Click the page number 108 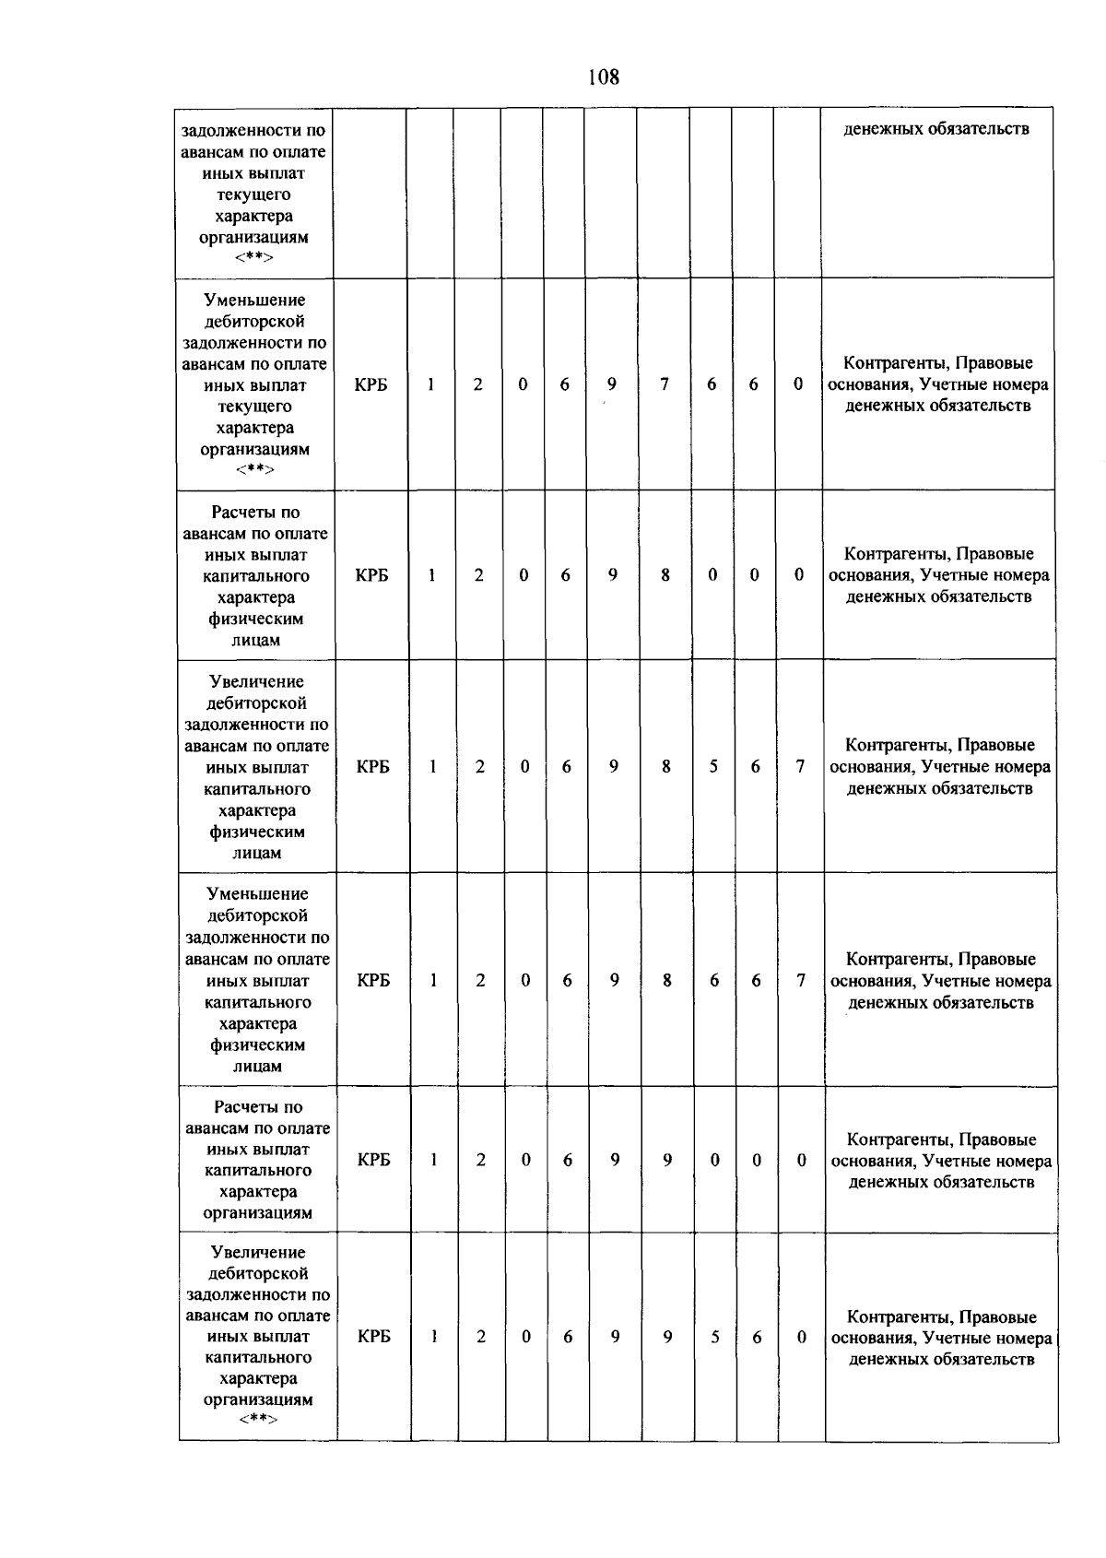coord(604,77)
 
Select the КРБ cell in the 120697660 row coord(371,384)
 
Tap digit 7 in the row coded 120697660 coord(664,384)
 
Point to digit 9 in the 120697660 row coord(611,384)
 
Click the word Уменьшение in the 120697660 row coord(254,301)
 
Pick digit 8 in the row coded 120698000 coord(665,575)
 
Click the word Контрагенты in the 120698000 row coord(898,554)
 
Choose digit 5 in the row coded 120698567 coord(713,766)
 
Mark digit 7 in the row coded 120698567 coord(800,766)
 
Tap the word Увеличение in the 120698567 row coord(256,682)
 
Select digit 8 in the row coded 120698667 coord(666,981)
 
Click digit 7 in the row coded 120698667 coord(801,981)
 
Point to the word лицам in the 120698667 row coord(257,1067)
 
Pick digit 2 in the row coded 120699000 coord(480,1161)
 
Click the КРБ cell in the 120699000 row coord(373,1161)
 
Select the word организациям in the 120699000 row coord(258,1213)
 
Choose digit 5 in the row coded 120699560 coord(714,1337)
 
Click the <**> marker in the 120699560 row coord(258,1420)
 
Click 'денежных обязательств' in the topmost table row coord(936,129)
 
